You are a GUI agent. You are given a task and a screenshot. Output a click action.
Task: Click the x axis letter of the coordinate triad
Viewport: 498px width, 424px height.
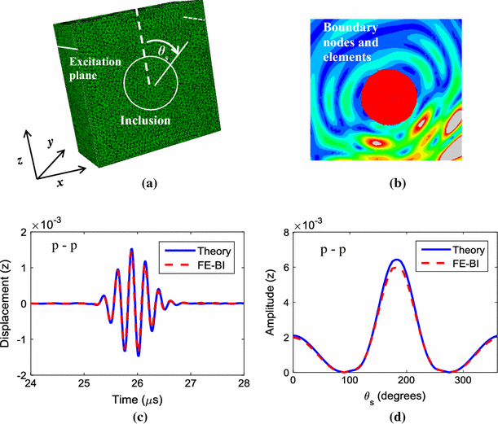click(x=59, y=185)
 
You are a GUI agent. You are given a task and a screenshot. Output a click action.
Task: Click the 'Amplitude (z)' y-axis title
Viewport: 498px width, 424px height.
click(x=266, y=304)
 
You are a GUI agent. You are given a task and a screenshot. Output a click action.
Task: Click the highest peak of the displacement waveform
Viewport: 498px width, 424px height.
click(x=130, y=249)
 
